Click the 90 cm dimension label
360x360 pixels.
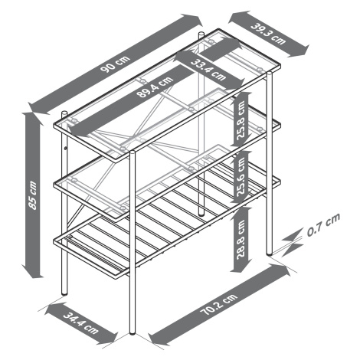pos(115,64)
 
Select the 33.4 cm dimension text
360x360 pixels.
pos(208,70)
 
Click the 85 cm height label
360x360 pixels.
pos(33,195)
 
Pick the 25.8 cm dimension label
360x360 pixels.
pos(241,120)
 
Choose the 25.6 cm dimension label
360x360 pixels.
pos(241,176)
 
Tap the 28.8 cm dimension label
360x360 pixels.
pos(241,240)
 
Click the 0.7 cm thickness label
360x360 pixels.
pos(323,224)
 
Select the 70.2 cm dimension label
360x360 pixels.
pos(219,305)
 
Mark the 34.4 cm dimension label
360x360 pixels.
pos(80,322)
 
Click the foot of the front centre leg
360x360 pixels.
pos(133,332)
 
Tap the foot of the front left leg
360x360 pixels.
pos(64,293)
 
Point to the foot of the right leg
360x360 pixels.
pos(270,253)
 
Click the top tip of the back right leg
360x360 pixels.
pos(201,33)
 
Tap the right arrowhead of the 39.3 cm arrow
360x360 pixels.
pos(302,51)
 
